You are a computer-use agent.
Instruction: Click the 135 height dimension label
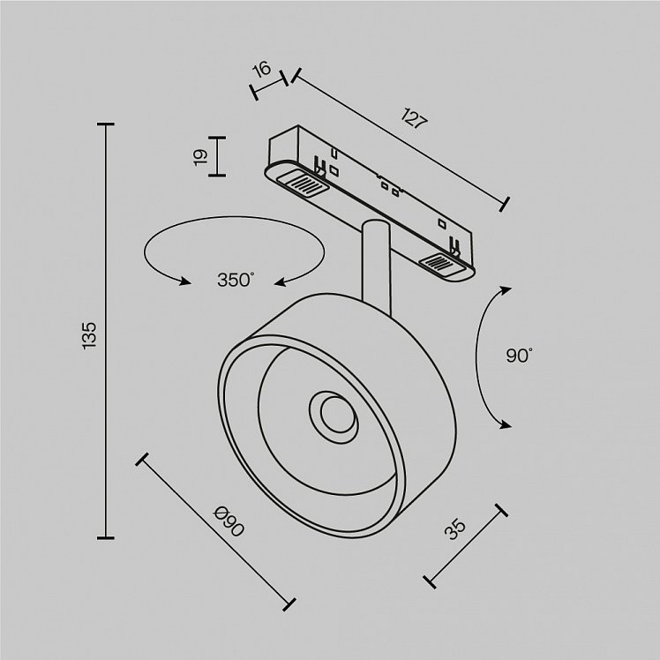89,335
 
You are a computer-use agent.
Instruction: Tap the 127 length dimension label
414,118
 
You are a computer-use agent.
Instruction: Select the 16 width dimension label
262,69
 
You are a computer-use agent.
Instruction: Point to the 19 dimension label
201,157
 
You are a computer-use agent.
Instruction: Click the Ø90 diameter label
229,522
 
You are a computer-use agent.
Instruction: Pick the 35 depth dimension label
455,529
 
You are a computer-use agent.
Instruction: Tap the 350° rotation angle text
236,280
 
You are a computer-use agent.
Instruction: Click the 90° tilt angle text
519,356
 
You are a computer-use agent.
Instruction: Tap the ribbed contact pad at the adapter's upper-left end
302,184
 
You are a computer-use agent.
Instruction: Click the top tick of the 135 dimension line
105,124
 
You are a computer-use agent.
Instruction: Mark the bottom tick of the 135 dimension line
105,537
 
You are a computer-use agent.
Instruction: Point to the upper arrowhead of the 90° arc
504,290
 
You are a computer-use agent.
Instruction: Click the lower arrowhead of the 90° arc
504,424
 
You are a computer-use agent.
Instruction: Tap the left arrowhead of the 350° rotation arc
184,281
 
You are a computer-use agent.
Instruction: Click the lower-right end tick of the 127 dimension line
505,204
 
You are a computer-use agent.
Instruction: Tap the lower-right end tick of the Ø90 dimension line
289,604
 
